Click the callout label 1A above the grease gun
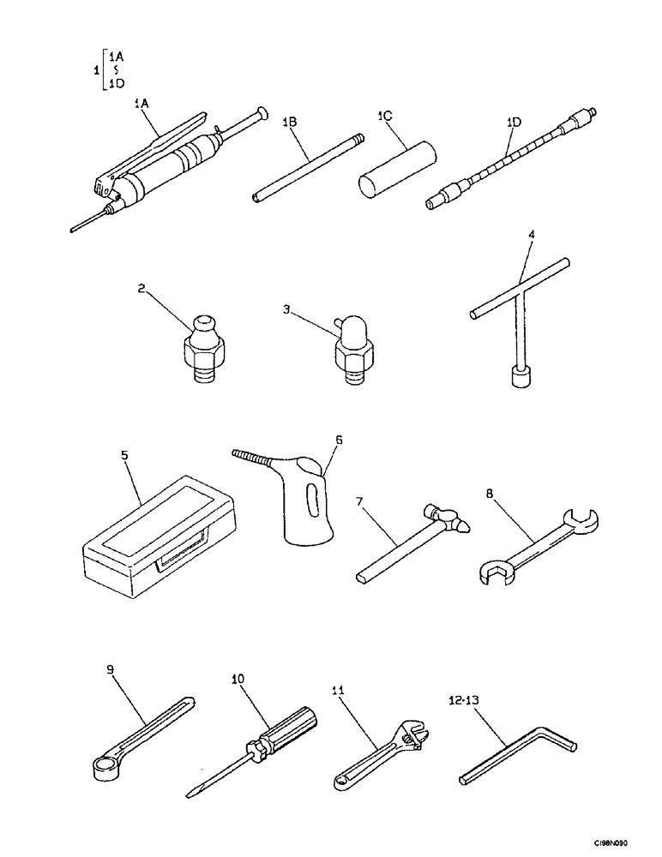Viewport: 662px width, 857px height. pos(142,103)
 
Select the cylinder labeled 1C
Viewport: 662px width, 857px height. pos(396,170)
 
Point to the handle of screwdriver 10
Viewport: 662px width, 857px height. pos(286,730)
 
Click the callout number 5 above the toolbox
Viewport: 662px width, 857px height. pos(125,456)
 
